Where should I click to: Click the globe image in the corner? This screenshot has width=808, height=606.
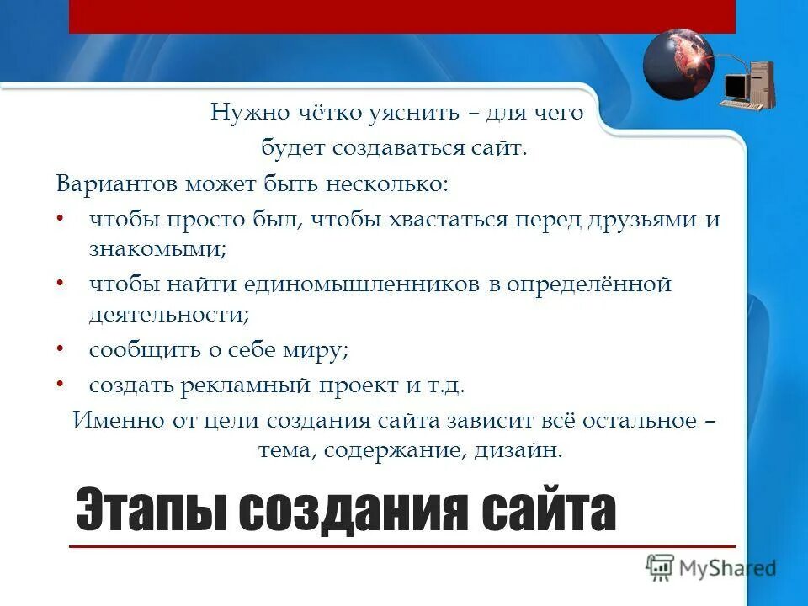click(x=678, y=63)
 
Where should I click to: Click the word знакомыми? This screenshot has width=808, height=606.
click(x=157, y=249)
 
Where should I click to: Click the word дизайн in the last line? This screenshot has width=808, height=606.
click(x=515, y=450)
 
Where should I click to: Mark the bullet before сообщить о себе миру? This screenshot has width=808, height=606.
click(x=61, y=348)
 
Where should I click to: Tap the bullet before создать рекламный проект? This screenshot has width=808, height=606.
click(x=61, y=383)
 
